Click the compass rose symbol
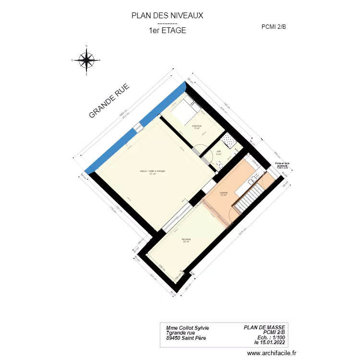(86, 60)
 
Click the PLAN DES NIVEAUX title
(167, 15)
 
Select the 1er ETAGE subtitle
(167, 30)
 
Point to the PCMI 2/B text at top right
(274, 27)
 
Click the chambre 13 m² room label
(197, 127)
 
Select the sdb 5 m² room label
(218, 153)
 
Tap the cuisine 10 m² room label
(224, 193)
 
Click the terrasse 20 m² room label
(186, 240)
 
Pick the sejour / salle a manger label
(153, 172)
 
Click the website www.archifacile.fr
(272, 353)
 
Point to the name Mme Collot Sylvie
(187, 328)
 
